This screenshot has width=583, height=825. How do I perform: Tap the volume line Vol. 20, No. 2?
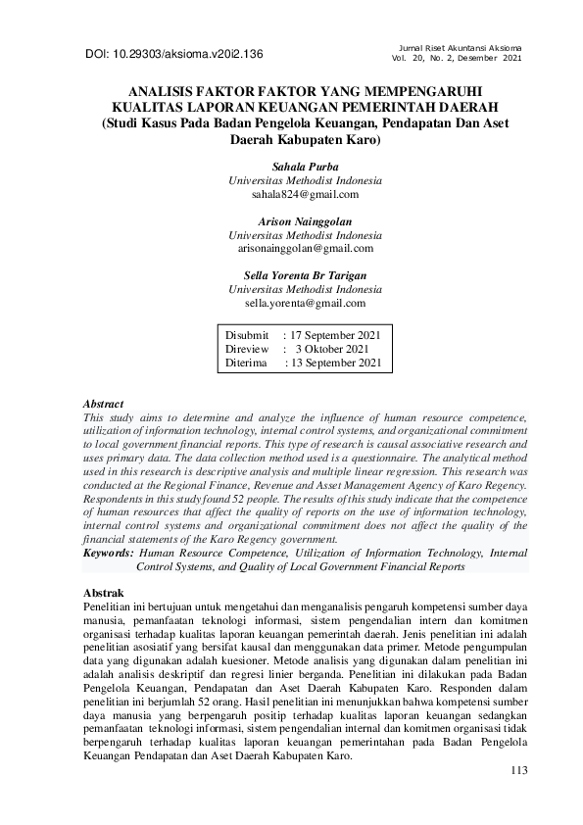tap(456, 59)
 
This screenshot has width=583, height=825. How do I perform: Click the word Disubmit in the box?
tap(247, 335)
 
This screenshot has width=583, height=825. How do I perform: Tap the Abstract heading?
tap(104, 404)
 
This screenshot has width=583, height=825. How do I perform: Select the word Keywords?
tap(108, 553)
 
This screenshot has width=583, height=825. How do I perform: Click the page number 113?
tap(519, 771)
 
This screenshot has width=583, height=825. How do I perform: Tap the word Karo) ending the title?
tap(359, 139)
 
